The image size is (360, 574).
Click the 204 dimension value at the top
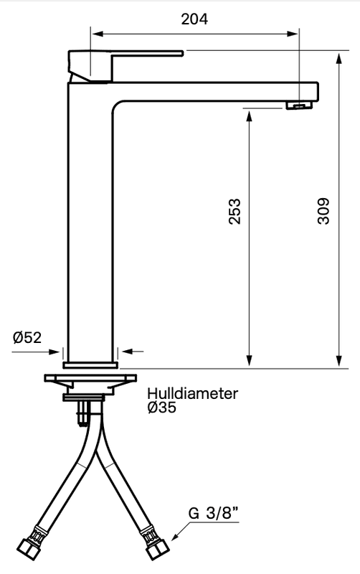[x=194, y=19]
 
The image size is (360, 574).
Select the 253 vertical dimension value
[x=235, y=212]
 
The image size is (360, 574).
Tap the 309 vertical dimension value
[x=323, y=212]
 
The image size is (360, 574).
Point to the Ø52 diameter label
[x=27, y=338]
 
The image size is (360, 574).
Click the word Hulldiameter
[x=192, y=394]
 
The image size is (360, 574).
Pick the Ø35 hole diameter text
[x=161, y=408]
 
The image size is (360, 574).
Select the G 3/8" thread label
[x=213, y=514]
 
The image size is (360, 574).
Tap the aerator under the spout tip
[x=299, y=106]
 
